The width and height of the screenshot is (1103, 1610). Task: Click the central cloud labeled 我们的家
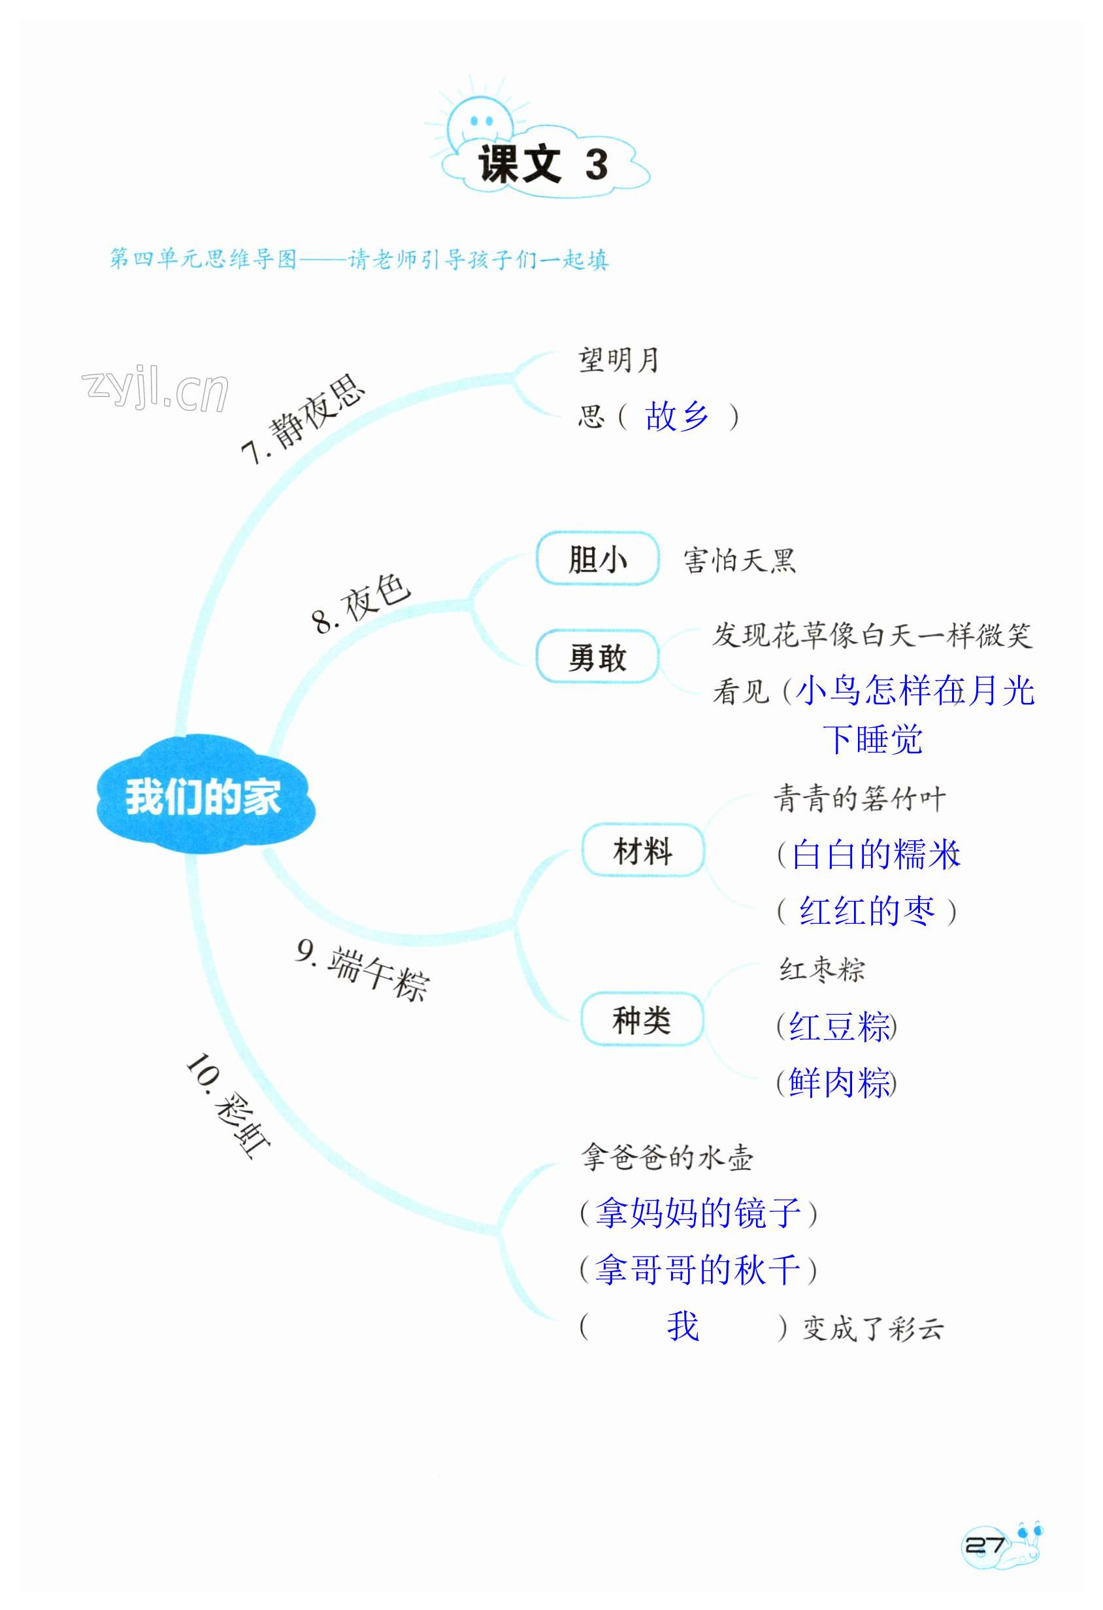pyautogui.click(x=204, y=796)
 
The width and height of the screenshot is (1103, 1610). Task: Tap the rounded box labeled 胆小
pyautogui.click(x=597, y=559)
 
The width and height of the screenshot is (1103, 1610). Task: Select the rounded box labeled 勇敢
pyautogui.click(x=597, y=657)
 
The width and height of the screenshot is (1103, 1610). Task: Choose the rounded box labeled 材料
pyautogui.click(x=642, y=851)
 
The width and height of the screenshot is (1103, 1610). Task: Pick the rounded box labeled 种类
pyautogui.click(x=642, y=1020)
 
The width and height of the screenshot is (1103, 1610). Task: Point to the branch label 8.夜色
pyautogui.click(x=360, y=602)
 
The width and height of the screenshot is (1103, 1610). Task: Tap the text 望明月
pyautogui.click(x=618, y=360)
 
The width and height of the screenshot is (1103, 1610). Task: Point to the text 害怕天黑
pyautogui.click(x=739, y=560)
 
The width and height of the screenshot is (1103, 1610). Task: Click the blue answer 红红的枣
pyautogui.click(x=866, y=910)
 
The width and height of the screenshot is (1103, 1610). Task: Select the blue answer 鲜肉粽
pyautogui.click(x=838, y=1082)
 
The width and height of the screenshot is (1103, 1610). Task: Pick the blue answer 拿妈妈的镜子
pyautogui.click(x=698, y=1212)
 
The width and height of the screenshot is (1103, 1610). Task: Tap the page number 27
pyautogui.click(x=985, y=1545)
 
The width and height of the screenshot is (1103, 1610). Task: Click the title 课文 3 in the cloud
pyautogui.click(x=543, y=165)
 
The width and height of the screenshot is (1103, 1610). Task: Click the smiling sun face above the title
pyautogui.click(x=480, y=123)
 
